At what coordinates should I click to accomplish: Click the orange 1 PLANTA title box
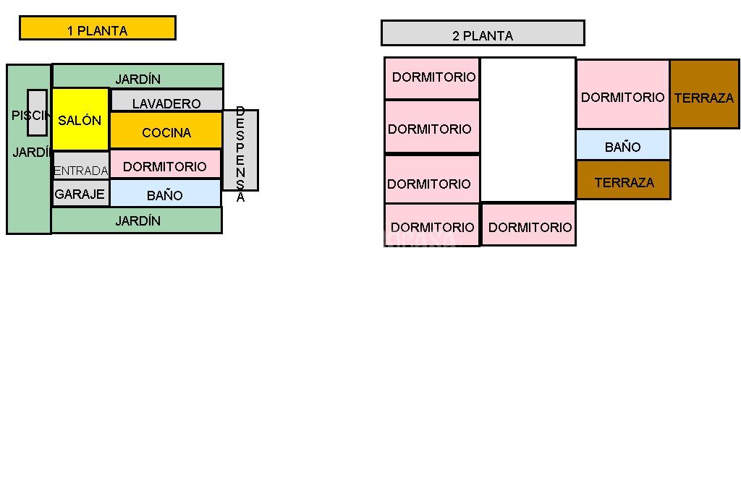(x=97, y=28)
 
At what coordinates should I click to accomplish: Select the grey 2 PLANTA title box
(x=482, y=33)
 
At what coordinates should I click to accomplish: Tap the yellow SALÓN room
(x=80, y=119)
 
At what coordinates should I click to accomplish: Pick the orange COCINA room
(x=166, y=131)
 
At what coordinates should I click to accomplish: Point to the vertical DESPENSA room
(x=240, y=150)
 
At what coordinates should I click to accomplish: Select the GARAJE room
(x=80, y=194)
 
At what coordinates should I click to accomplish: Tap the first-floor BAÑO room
(x=165, y=194)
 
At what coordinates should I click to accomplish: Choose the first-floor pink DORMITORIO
(x=165, y=164)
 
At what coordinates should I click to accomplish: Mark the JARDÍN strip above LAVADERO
(x=137, y=76)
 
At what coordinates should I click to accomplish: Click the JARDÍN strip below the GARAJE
(x=137, y=220)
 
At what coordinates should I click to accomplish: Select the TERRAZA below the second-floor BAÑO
(x=623, y=180)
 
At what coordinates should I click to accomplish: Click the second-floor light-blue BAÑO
(x=623, y=145)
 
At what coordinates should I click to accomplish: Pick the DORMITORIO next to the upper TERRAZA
(x=622, y=95)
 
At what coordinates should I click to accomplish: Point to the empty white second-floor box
(x=528, y=129)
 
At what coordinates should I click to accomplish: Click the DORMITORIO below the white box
(x=528, y=225)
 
